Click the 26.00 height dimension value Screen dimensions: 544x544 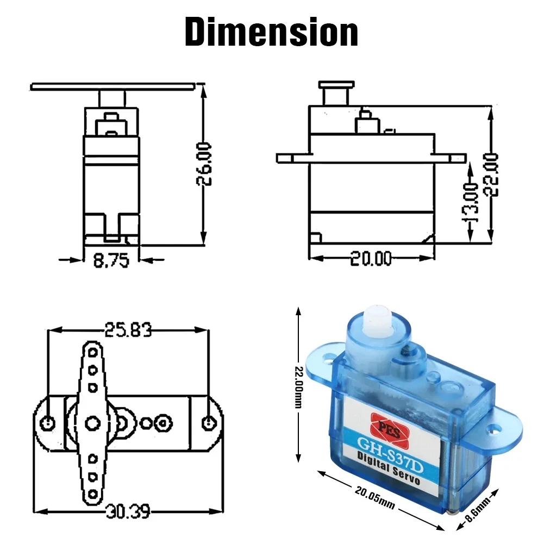pyautogui.click(x=204, y=164)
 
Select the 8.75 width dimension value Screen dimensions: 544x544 pyautogui.click(x=111, y=261)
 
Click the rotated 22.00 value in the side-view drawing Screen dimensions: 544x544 pyautogui.click(x=492, y=174)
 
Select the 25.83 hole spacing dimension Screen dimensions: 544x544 pyautogui.click(x=129, y=330)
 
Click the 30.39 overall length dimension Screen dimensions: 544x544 pyautogui.click(x=129, y=511)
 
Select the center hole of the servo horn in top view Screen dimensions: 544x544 pyautogui.click(x=92, y=421)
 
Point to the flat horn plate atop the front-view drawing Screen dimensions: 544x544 pyautogui.click(x=112, y=86)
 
